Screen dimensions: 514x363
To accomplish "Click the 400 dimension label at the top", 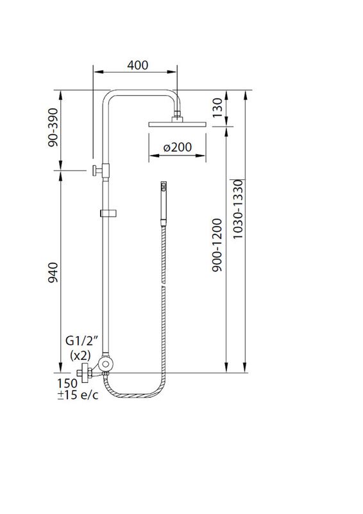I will click(x=137, y=65).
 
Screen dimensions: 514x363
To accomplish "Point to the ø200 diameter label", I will click(x=177, y=147).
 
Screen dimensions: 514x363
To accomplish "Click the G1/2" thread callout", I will click(x=81, y=341).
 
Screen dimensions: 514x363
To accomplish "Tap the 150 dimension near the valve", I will click(x=66, y=382).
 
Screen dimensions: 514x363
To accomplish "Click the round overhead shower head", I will click(x=176, y=123).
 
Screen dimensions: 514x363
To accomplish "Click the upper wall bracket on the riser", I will click(x=100, y=170).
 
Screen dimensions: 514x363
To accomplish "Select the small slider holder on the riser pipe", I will click(x=106, y=213).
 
